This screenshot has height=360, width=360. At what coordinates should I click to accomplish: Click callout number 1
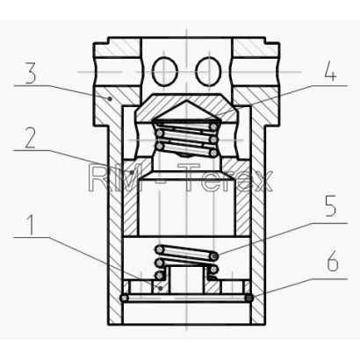pos(30,225)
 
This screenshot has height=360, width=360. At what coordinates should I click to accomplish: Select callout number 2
pos(31,139)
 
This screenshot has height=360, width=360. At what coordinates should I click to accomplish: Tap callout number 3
pos(31,72)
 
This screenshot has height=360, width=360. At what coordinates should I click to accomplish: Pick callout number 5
pos(330,206)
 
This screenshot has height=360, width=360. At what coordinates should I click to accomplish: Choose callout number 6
pos(333,262)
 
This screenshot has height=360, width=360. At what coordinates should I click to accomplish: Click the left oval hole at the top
pos(165,71)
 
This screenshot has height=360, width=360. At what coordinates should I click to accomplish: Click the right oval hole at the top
pos(208,71)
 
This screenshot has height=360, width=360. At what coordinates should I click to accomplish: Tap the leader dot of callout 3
pos(110,98)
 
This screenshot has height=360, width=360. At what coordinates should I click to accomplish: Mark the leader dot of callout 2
pos(133,172)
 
